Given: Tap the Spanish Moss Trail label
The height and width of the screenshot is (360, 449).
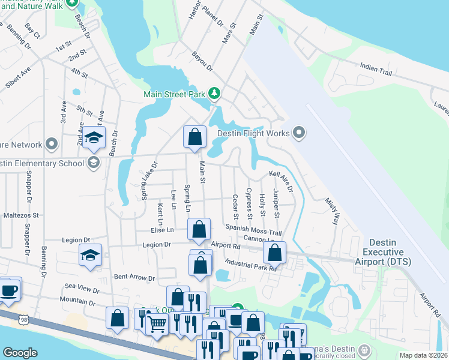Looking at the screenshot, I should click(253, 230).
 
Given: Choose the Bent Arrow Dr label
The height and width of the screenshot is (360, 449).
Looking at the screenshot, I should click(134, 278).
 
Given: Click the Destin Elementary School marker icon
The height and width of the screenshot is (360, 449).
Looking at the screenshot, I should click(93, 163).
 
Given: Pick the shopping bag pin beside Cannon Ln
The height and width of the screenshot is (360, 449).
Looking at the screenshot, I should click(274, 253).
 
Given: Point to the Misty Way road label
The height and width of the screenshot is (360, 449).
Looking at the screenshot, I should click(332, 211).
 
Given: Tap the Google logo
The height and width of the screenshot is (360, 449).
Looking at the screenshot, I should click(20, 353).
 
